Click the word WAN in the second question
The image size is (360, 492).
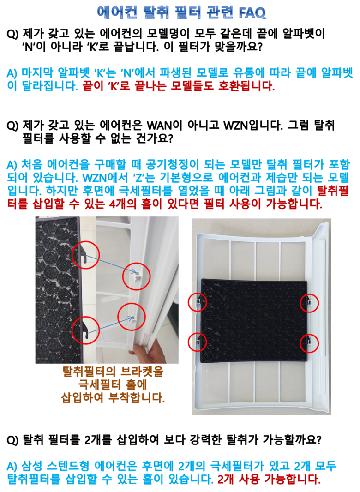[x=160, y=126]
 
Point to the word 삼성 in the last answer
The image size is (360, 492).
[x=32, y=466]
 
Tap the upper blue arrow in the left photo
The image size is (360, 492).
[x=111, y=264]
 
